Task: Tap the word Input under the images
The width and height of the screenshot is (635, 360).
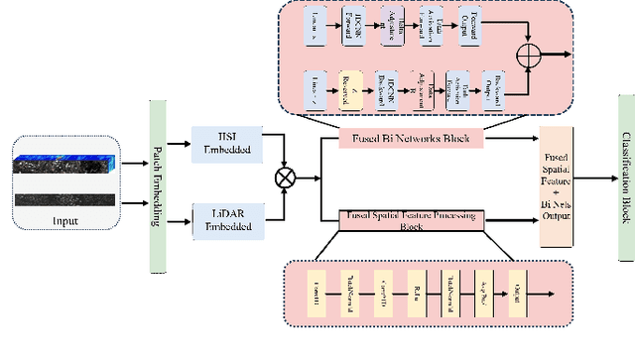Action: tap(67, 220)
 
